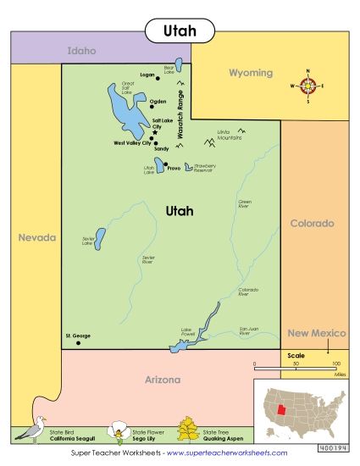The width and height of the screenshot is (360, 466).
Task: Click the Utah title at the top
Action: (x=180, y=31)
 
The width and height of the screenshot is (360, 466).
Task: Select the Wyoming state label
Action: (x=251, y=73)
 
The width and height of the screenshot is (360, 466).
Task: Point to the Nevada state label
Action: (x=37, y=237)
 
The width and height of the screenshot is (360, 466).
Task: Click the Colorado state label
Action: (x=313, y=224)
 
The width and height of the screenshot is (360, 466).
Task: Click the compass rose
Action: (x=307, y=86)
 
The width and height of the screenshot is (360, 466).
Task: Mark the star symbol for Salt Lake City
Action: (x=154, y=132)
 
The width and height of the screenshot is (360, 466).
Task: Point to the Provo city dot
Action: (x=166, y=164)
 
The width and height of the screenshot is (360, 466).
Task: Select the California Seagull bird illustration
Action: (x=34, y=430)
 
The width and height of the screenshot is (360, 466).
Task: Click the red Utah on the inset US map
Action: (x=280, y=410)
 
